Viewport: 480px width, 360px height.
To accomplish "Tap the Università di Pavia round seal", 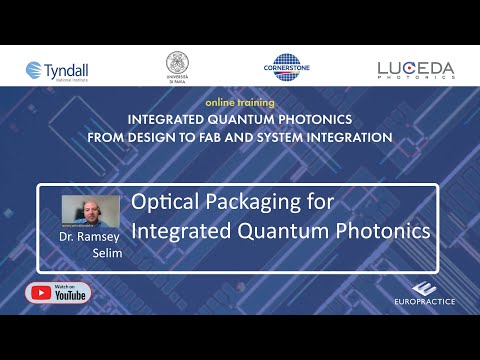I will [x=179, y=67].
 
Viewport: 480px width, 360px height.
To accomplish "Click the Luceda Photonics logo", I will [x=416, y=69].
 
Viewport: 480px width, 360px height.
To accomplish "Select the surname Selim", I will [x=105, y=254].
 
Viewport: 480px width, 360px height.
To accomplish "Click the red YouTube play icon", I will [x=43, y=293].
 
